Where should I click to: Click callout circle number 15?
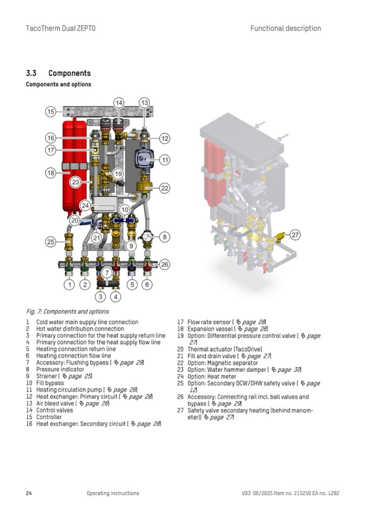[51, 112]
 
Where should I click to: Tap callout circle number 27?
[295, 235]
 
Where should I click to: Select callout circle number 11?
[164, 160]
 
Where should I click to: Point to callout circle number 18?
[51, 173]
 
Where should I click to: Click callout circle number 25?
[51, 242]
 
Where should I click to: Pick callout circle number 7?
[107, 274]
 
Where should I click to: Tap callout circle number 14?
[119, 103]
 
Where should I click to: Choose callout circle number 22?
[164, 188]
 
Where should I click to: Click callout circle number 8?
[164, 236]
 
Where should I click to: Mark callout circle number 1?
[69, 284]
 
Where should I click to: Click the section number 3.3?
[32, 73]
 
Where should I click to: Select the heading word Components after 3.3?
[69, 73]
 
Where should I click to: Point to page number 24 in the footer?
[29, 493]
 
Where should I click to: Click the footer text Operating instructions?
[113, 493]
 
